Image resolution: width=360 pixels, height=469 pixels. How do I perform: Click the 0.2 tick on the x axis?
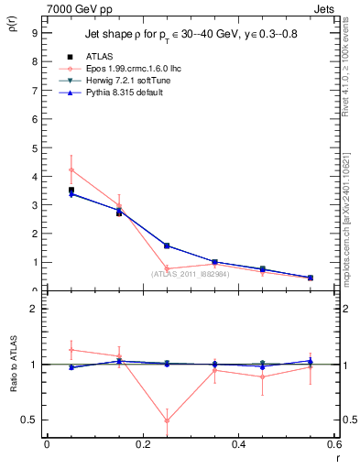(142, 445)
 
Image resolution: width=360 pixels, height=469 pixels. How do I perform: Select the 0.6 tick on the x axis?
(334, 445)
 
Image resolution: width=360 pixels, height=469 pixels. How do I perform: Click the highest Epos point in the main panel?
(71, 169)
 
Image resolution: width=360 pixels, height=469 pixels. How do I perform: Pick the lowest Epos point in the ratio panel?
(167, 421)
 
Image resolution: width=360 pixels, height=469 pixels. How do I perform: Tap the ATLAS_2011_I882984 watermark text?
(190, 273)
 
